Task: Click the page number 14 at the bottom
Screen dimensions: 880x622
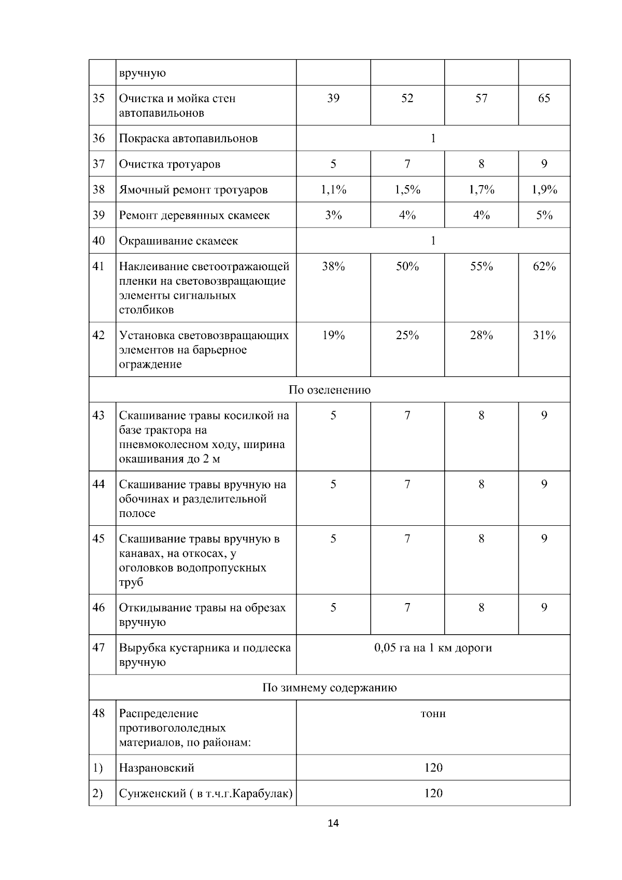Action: [333, 823]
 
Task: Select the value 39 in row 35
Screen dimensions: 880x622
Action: [333, 98]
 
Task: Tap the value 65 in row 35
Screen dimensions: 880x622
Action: [544, 98]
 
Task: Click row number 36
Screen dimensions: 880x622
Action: [98, 138]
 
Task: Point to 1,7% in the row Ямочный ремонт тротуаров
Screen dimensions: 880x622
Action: [482, 189]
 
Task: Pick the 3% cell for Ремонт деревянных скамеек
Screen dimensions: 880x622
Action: [333, 215]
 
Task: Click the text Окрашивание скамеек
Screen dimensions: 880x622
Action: [178, 241]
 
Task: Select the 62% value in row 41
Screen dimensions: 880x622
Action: [544, 267]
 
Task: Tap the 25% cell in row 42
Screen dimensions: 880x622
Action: [407, 336]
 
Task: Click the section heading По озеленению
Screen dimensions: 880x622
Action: [330, 389]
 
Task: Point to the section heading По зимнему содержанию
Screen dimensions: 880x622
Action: [330, 688]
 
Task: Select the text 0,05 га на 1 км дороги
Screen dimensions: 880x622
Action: [433, 648]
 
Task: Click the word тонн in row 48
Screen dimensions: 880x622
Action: [433, 714]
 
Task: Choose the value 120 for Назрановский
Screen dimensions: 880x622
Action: [433, 767]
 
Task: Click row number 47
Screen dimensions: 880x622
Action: [98, 648]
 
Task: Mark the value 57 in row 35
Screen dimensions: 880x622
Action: [482, 98]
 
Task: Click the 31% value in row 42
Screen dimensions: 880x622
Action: [544, 336]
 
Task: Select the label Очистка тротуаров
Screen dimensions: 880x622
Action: [169, 164]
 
